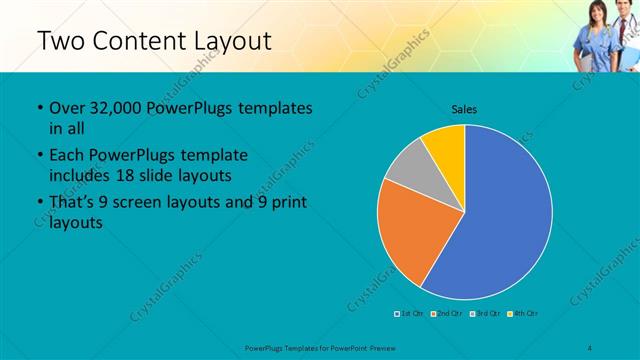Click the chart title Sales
[464, 108]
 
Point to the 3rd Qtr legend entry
[486, 314]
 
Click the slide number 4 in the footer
[589, 347]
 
